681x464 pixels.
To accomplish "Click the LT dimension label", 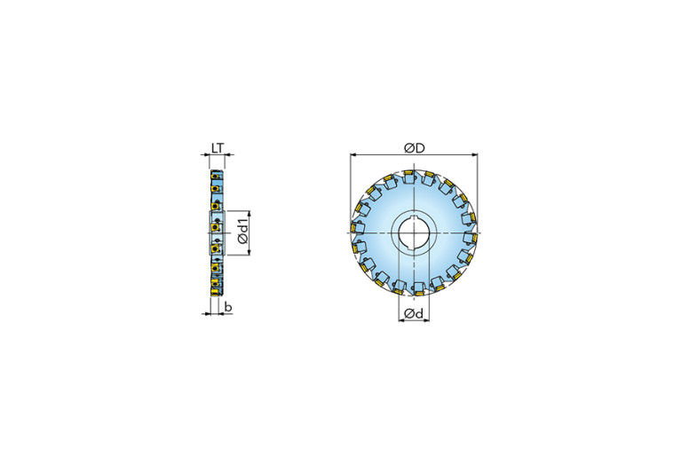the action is [218, 148].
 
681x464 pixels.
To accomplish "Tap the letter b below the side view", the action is [228, 307].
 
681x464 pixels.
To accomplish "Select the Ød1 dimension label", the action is [242, 233].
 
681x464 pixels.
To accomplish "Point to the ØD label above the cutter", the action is [414, 148].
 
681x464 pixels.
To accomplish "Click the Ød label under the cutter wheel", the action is [413, 313].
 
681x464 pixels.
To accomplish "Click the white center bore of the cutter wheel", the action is [414, 233].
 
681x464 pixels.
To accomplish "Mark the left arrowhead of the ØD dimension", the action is [353, 154].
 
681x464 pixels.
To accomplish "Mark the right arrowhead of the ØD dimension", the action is [474, 154].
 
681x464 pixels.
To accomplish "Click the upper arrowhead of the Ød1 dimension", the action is [249, 213].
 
